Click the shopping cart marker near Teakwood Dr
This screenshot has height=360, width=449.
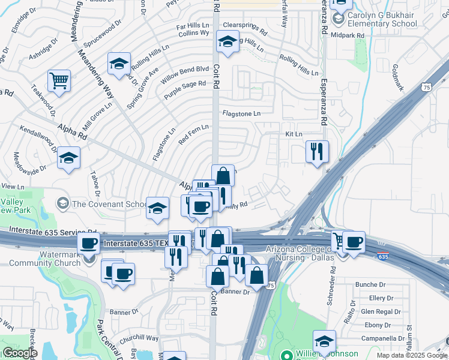click(x=59, y=81)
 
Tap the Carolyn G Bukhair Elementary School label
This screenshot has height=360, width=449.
click(x=378, y=19)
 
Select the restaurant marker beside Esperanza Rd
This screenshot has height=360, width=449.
click(x=317, y=152)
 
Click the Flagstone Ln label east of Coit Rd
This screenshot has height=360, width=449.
click(x=241, y=113)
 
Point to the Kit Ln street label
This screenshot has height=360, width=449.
click(x=294, y=134)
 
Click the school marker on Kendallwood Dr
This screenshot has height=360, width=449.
click(x=69, y=158)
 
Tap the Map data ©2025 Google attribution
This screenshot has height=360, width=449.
click(x=411, y=355)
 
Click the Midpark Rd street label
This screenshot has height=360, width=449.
click(x=348, y=35)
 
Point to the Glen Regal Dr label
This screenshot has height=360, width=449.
click(x=381, y=311)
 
